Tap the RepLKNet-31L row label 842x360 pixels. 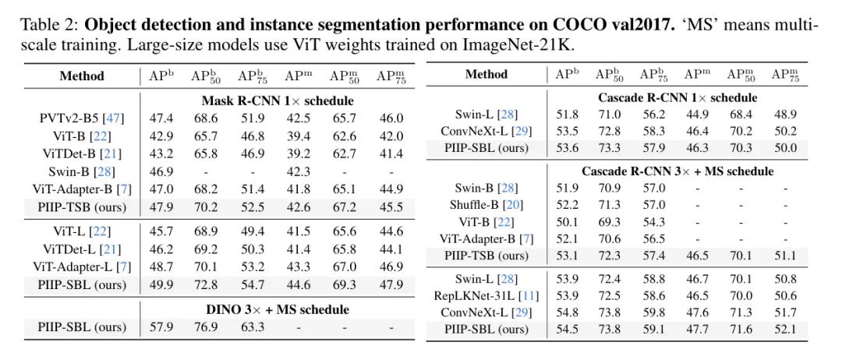click(x=486, y=295)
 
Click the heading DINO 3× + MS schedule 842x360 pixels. click(x=278, y=309)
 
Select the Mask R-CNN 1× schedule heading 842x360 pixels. click(x=278, y=101)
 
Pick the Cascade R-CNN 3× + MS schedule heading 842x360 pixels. click(x=677, y=171)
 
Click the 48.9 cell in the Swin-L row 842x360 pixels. click(x=785, y=114)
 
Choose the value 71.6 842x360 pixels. click(x=739, y=330)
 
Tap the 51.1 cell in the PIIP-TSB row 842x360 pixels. click(x=785, y=256)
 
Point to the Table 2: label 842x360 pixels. click(x=50, y=25)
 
